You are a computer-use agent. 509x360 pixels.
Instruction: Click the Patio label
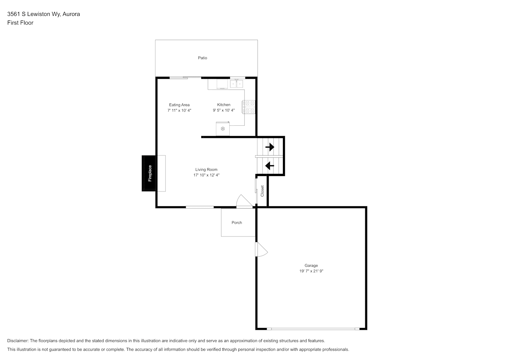tap(202, 58)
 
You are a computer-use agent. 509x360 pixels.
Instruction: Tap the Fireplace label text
tap(150, 173)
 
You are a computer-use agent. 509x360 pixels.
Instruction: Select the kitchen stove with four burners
tap(249, 107)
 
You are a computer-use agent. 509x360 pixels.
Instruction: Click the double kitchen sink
tap(237, 84)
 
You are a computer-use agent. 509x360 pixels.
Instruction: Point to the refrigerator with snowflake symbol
tap(223, 129)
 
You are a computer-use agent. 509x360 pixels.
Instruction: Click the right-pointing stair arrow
tap(270, 147)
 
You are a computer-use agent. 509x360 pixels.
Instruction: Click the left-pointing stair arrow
tap(270, 166)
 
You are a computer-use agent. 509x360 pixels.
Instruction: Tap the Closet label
tap(262, 191)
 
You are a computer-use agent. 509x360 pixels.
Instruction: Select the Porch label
tap(237, 223)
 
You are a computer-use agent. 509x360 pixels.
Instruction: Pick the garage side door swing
tap(261, 249)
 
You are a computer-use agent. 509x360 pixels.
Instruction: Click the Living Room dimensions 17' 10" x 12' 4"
tap(206, 175)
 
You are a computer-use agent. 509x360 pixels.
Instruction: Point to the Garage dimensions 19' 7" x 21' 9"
tap(311, 271)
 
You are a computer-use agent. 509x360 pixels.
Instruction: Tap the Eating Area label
tap(179, 105)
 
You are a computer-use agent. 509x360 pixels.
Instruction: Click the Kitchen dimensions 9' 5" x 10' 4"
tap(224, 110)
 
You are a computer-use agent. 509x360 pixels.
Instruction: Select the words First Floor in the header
tap(20, 23)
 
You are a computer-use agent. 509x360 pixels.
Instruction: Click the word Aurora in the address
tap(71, 14)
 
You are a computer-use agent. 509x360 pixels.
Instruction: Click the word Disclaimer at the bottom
tap(18, 341)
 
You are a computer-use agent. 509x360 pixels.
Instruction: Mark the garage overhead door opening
tap(313, 329)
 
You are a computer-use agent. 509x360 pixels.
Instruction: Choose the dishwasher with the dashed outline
tap(222, 84)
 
